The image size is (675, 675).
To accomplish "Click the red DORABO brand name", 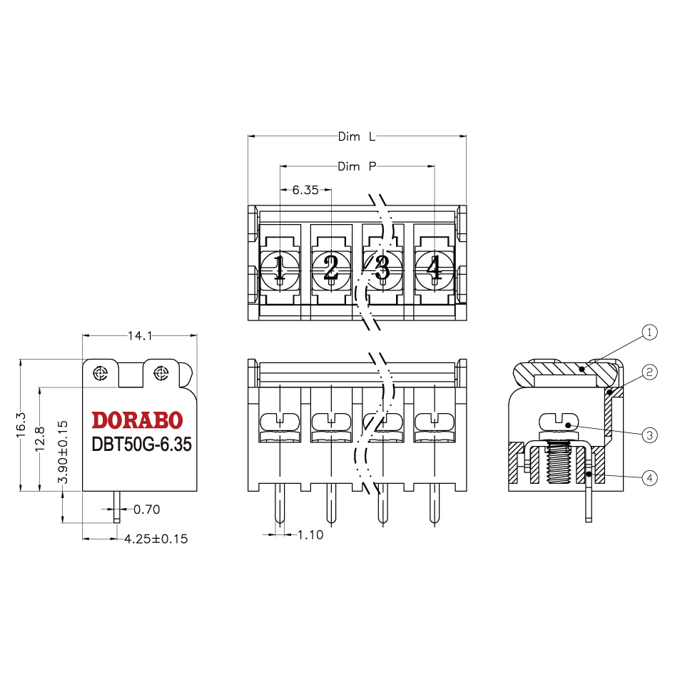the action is point(137,420).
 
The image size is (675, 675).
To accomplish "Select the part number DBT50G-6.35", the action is point(141,445).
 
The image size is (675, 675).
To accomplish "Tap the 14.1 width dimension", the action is point(140,336).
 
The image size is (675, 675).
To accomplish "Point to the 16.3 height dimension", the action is point(21,425).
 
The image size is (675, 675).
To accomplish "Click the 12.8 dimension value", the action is point(40,439).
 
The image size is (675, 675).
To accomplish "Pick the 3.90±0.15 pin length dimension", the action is point(63,452).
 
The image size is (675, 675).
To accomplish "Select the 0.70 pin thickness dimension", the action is point(147,509).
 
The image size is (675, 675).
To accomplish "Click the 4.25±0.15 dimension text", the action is point(156,539).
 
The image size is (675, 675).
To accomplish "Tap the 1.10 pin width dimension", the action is point(310,535).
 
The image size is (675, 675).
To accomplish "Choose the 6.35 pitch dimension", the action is point(305,190).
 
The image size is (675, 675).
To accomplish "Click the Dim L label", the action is point(357,137).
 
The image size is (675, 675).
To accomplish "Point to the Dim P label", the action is point(357,166).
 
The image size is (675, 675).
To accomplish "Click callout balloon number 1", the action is point(649,332).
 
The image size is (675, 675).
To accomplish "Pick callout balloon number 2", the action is point(649,372).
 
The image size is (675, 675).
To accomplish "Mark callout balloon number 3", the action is point(649,435).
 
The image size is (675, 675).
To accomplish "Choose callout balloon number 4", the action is point(649,478).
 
